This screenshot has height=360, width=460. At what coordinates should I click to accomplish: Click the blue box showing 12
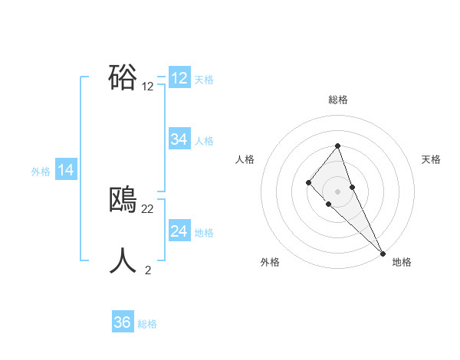click(179, 78)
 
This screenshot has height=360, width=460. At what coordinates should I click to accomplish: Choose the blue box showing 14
click(66, 170)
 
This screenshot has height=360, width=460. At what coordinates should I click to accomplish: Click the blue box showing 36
click(123, 322)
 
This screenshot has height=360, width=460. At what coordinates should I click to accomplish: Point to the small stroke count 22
click(148, 209)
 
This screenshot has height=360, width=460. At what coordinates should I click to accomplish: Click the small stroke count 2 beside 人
click(148, 270)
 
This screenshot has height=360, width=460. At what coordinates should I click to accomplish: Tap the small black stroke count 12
click(148, 87)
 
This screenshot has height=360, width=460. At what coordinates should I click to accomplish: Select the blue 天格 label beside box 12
click(204, 79)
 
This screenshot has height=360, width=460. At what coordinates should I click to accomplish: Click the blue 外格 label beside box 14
click(41, 172)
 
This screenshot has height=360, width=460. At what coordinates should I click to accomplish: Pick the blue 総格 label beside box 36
click(147, 324)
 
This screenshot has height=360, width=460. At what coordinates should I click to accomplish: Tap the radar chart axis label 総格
click(338, 100)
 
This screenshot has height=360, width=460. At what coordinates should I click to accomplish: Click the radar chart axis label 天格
click(432, 159)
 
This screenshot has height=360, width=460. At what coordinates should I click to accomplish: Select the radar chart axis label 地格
click(402, 262)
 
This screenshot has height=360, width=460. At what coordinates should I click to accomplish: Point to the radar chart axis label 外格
click(270, 262)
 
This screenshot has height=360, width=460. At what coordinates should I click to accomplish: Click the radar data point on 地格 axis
click(383, 253)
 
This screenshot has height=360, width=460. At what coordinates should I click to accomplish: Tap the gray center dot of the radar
click(338, 191)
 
